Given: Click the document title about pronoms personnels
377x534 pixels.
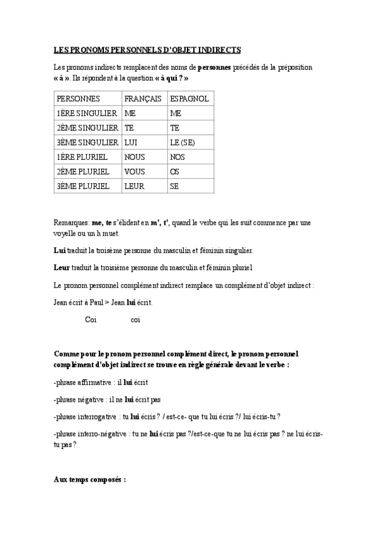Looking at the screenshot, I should (147, 50).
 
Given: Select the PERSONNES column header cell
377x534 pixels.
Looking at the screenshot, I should (79, 99).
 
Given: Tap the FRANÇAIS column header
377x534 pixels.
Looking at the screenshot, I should (143, 99).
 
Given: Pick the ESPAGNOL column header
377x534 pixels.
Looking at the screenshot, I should (189, 99).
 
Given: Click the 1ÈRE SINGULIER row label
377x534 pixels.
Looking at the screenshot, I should (86, 113).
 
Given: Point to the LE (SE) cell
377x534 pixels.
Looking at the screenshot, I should (183, 142).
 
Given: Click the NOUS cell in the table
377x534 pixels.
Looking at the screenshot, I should (135, 157).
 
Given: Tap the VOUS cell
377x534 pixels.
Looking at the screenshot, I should (135, 171).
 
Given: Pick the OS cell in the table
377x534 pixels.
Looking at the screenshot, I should (176, 171).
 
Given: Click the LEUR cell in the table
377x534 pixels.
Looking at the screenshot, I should (135, 186).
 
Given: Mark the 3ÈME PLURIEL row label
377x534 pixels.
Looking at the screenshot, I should (83, 186).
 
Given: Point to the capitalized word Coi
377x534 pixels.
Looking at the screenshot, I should (91, 320).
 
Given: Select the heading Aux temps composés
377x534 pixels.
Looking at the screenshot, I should (90, 479).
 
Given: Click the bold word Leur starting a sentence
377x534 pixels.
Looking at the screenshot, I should (62, 268).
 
